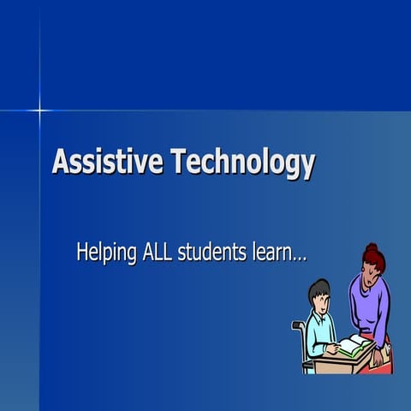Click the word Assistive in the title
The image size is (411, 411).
tap(108, 162)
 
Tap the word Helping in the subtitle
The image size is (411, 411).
tap(108, 253)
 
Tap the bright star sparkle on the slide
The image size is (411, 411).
tap(39, 110)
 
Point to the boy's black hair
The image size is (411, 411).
tap(319, 289)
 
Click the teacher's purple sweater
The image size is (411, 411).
tap(372, 304)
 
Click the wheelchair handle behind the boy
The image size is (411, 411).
tap(297, 325)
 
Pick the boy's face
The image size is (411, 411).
tap(322, 301)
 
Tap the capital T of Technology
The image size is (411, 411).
tap(177, 162)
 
